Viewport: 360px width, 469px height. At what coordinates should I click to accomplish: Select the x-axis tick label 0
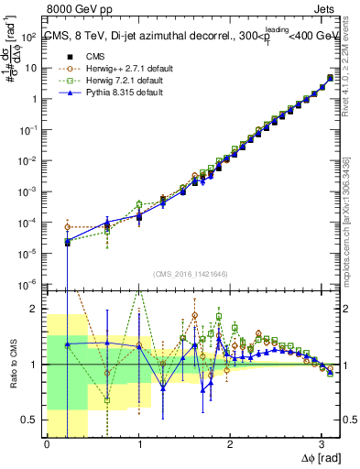pos(47,444)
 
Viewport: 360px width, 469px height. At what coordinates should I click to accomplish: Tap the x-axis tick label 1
pos(138,444)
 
